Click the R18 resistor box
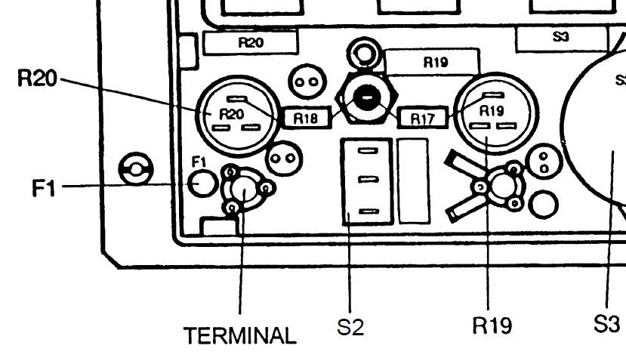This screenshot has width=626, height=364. coord(307,118)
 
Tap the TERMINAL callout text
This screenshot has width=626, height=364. coord(240,335)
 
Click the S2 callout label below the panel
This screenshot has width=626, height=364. coord(350,327)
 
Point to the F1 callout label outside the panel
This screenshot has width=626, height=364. coord(44,187)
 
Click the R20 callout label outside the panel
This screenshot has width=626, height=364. coord(36,78)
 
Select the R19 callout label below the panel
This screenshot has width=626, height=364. coord(492,325)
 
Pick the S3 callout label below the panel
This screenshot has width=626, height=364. coord(606,325)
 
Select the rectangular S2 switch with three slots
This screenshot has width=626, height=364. coord(367,181)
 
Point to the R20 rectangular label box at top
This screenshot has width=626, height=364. coord(251,43)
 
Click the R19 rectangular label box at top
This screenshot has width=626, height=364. coord(435,63)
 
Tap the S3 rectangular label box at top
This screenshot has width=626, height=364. coord(560,36)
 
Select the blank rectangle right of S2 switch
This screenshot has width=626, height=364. coord(414,180)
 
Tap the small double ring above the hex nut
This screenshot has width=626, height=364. coord(362,53)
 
